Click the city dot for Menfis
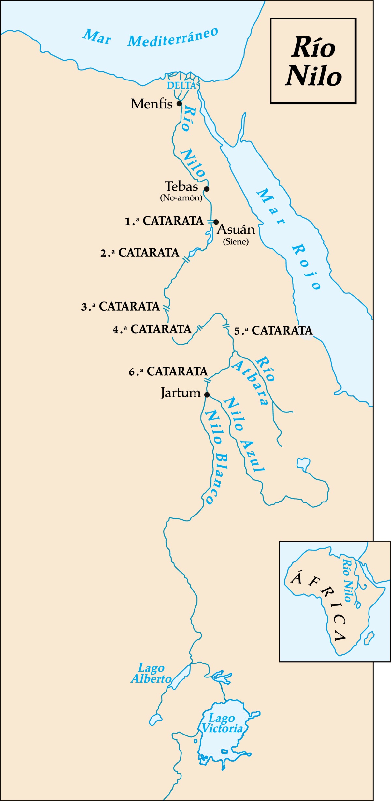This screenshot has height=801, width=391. (179, 104)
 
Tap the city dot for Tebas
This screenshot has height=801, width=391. (207, 189)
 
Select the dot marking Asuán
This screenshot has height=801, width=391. (216, 222)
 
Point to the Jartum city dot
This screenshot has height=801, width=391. (207, 395)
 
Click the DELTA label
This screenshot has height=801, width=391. (181, 86)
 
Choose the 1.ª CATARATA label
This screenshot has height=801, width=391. (164, 221)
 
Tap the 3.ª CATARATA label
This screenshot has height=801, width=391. (121, 306)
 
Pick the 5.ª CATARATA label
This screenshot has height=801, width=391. (273, 331)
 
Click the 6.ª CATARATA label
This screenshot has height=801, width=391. (168, 371)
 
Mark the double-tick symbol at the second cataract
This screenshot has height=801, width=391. (186, 260)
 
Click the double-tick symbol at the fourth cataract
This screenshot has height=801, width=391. (199, 328)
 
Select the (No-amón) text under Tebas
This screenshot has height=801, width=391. (181, 198)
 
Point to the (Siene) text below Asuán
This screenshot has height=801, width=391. (236, 242)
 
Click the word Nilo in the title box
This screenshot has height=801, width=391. (313, 76)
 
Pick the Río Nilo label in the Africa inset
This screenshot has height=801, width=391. (348, 580)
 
